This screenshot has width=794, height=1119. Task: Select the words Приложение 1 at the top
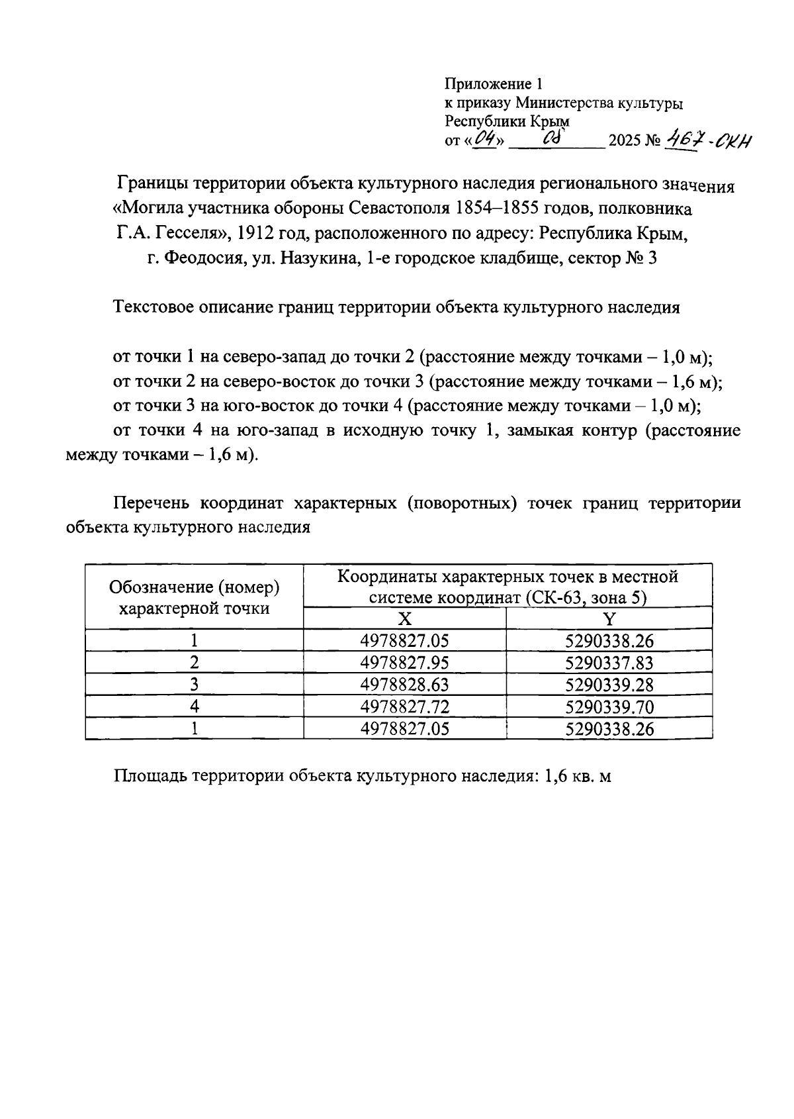[x=493, y=84]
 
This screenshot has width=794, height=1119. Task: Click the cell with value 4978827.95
[x=405, y=663]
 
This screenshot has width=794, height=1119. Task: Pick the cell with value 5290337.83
[x=609, y=663]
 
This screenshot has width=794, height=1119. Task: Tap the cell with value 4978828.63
[x=405, y=685]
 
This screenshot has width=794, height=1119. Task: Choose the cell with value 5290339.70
[x=609, y=706]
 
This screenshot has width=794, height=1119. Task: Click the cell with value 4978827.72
[x=405, y=706]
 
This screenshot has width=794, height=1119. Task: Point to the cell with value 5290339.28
[x=609, y=685]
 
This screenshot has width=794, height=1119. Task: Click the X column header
[x=405, y=619]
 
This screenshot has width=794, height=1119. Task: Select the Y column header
[x=609, y=619]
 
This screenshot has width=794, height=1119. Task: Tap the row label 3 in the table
[x=195, y=685]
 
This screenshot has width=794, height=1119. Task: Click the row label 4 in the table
[x=195, y=706]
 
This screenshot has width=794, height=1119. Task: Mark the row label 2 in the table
[x=195, y=663]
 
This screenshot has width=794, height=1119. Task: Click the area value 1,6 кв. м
[x=577, y=776]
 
